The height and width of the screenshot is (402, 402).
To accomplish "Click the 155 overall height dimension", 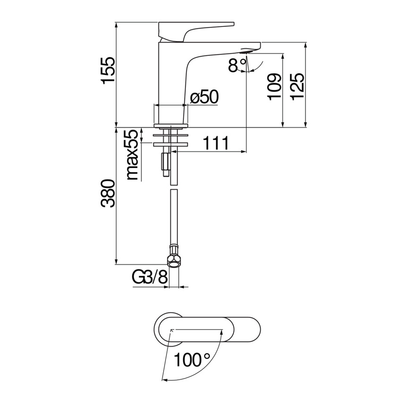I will (108, 70).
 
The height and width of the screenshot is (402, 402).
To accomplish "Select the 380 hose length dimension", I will (108, 194).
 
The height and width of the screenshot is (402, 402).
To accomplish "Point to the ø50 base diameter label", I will (204, 97).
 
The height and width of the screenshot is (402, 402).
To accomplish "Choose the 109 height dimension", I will (274, 86).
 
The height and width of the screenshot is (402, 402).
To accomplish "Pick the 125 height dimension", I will (297, 86).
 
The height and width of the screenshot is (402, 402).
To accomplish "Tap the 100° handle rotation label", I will (192, 360).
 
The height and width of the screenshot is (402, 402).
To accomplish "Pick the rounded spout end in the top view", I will (253, 328).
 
